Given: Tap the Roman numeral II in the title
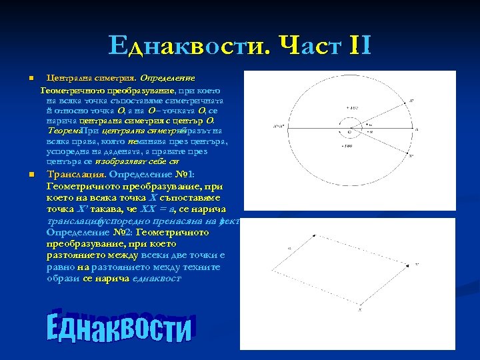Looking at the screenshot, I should (x=359, y=45).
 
